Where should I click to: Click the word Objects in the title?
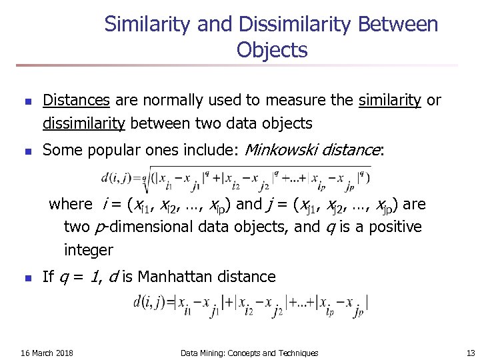tap(271, 50)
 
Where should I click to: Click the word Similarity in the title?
tap(148, 25)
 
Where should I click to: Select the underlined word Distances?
tap(76, 101)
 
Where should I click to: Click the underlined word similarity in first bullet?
tap(390, 101)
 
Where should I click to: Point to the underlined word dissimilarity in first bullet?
tap(84, 123)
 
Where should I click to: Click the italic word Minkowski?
tap(281, 150)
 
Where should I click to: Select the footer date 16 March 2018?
tap(47, 353)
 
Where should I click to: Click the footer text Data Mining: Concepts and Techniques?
tap(249, 353)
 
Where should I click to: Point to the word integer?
tap(89, 251)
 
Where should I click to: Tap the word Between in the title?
tap(398, 25)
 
